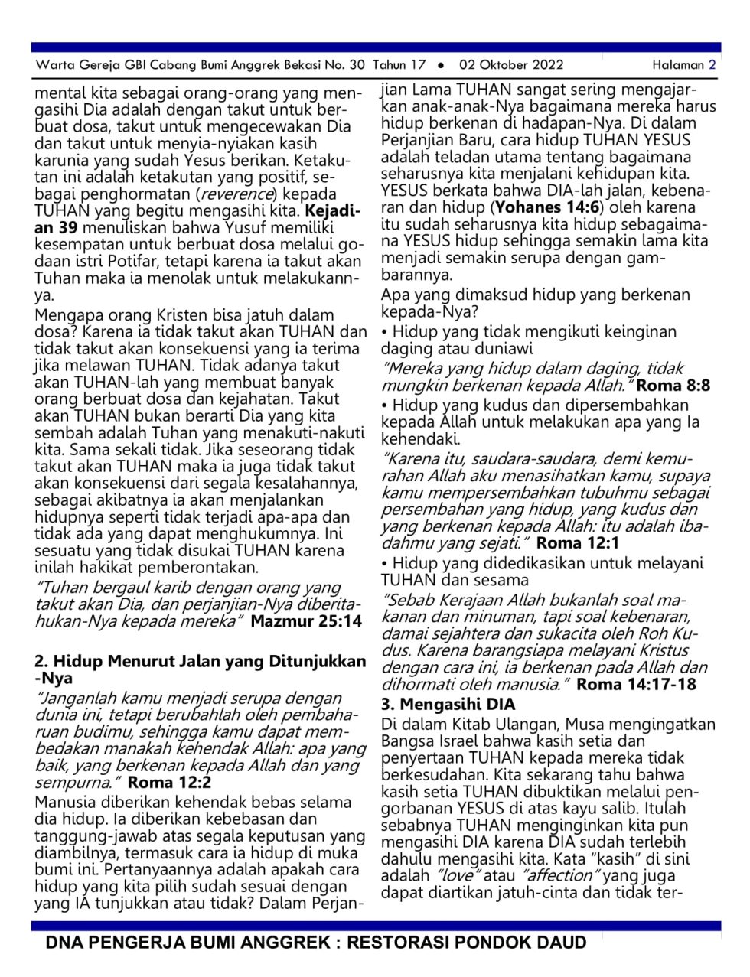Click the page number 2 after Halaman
[x=712, y=65]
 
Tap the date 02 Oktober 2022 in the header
[x=511, y=65]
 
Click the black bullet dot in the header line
[x=442, y=66]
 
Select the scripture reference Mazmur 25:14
[x=306, y=621]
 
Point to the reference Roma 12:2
[x=169, y=782]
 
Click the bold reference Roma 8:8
[x=673, y=386]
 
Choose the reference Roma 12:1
[x=578, y=543]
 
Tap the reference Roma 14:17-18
[x=636, y=684]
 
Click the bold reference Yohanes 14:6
[x=547, y=207]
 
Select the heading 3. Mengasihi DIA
[x=448, y=704]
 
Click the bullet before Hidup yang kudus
[x=385, y=405]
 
